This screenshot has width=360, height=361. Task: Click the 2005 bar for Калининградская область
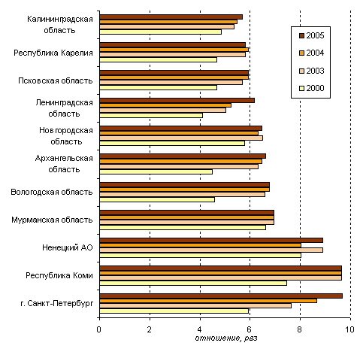pyautogui.click(x=171, y=17)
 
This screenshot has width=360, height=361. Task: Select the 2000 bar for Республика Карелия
pyautogui.click(x=159, y=60)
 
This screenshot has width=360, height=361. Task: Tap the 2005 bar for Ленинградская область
pyautogui.click(x=177, y=101)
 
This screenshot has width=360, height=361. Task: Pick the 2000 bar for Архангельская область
pyautogui.click(x=156, y=171)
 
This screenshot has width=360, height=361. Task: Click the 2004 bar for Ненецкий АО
pyautogui.click(x=201, y=245)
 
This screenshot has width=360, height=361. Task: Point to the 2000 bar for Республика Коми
pyautogui.click(x=193, y=284)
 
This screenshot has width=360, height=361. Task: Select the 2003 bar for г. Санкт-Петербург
pyautogui.click(x=195, y=306)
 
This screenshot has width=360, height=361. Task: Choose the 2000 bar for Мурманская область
pyautogui.click(x=183, y=227)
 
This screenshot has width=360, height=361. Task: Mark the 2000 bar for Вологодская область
pyautogui.click(x=157, y=199)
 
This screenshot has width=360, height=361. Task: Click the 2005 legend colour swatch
pyautogui.click(x=301, y=35)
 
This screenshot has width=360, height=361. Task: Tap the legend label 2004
pyautogui.click(x=315, y=53)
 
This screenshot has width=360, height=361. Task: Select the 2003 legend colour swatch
pyautogui.click(x=301, y=71)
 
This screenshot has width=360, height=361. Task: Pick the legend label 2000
pyautogui.click(x=315, y=88)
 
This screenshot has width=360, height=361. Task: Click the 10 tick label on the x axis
pyautogui.click(x=350, y=329)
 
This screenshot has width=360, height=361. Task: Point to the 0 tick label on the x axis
pyautogui.click(x=99, y=329)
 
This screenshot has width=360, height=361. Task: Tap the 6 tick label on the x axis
pyautogui.click(x=250, y=329)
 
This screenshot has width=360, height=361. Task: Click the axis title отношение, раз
pyautogui.click(x=226, y=338)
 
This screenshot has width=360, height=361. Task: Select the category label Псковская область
pyautogui.click(x=56, y=80)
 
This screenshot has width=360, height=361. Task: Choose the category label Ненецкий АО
pyautogui.click(x=68, y=247)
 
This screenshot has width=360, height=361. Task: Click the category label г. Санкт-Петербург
pyautogui.click(x=57, y=304)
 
